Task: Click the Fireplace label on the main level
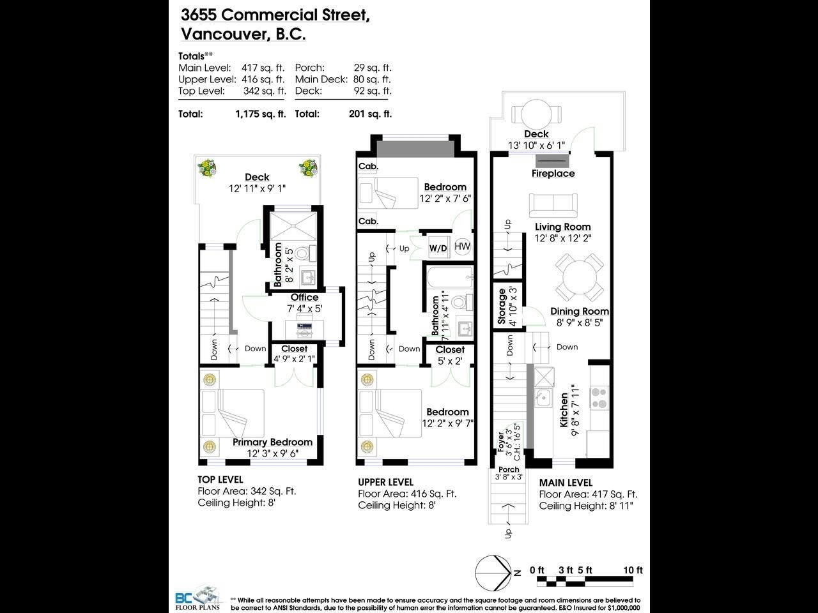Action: tap(553, 174)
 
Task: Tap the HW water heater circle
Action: tap(463, 246)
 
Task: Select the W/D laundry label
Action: tap(438, 248)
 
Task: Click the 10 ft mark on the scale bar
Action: tap(633, 570)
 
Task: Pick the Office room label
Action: tap(304, 297)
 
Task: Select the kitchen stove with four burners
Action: tap(599, 398)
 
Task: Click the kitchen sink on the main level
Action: tap(544, 398)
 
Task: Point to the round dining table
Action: tap(580, 277)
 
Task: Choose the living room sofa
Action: tap(553, 205)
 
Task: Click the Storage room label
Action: tap(502, 306)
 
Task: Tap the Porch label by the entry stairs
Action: tap(509, 469)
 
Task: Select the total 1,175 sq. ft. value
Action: tap(261, 114)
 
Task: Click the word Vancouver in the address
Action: tap(223, 34)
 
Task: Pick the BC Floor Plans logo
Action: tap(198, 598)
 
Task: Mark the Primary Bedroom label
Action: tap(272, 442)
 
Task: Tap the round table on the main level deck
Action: tap(536, 114)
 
